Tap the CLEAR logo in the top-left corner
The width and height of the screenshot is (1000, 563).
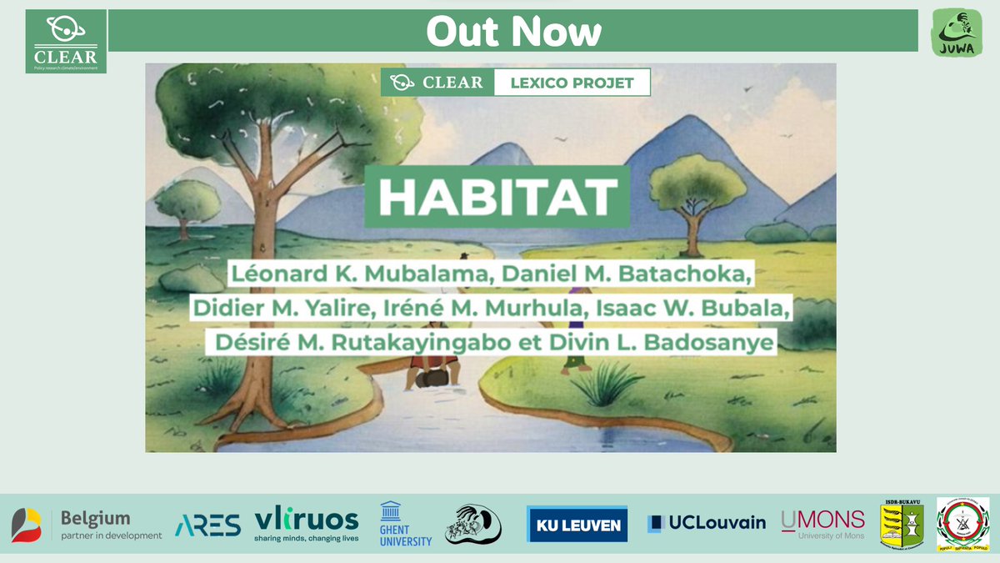pos(66,42)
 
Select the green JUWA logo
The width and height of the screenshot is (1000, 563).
pos(957,33)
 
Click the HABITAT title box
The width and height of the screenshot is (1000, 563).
pos(497,197)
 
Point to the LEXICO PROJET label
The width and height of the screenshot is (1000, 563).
pos(572,83)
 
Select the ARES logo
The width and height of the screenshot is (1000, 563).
pos(207,525)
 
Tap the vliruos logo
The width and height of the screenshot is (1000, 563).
pos(306,525)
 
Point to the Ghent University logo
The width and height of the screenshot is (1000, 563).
pos(406,525)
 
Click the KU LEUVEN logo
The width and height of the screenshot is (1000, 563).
pos(577,525)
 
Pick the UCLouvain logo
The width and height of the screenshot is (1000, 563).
pos(706,524)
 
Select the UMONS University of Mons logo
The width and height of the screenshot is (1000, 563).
pos(822,525)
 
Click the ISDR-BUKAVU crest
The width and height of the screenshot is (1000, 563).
pos(902,525)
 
